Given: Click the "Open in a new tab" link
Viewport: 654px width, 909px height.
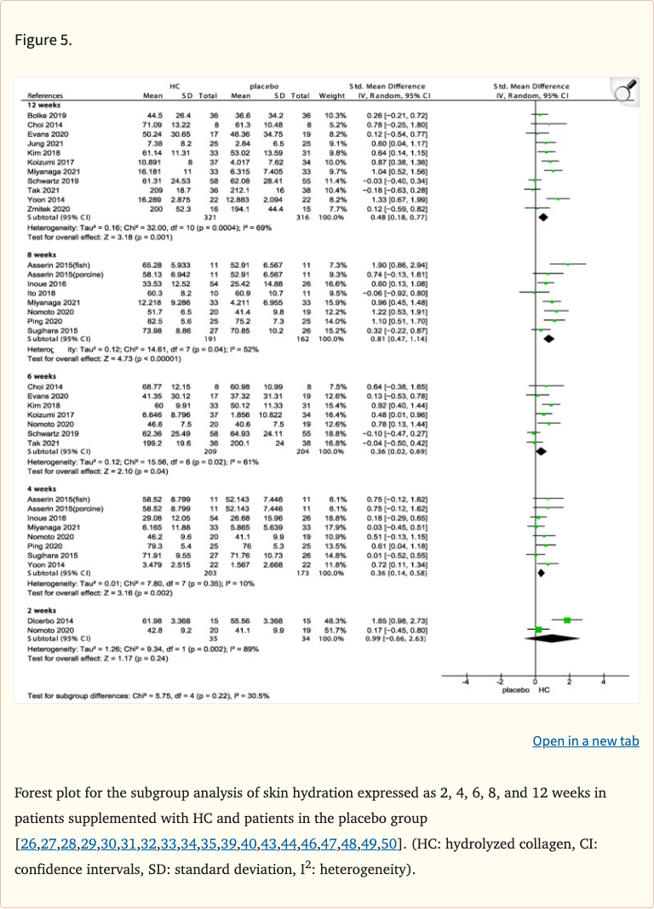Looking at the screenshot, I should click(x=585, y=741).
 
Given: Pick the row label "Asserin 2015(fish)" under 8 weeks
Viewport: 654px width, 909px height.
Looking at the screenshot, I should click(x=56, y=266).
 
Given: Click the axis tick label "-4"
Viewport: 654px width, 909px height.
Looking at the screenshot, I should click(x=465, y=683).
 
